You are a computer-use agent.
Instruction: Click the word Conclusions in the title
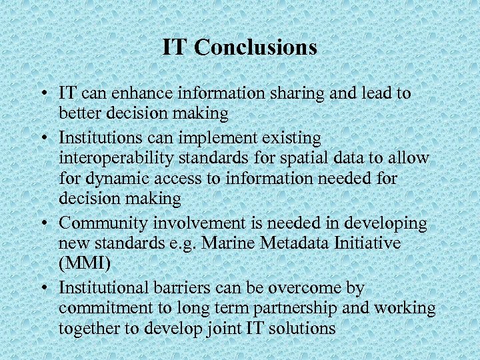(x=257, y=47)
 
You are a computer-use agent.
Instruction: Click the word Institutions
(x=98, y=138)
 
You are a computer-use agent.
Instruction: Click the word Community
(x=98, y=223)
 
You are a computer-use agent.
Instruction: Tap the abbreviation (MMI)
(x=85, y=263)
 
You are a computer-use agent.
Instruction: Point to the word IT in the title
(x=175, y=47)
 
